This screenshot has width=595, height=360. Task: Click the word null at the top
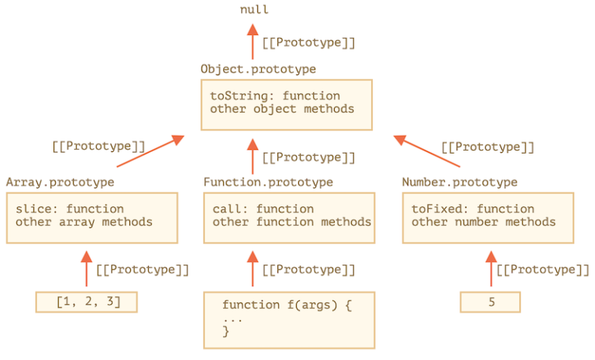[254, 9]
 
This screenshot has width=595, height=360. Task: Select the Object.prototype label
[258, 69]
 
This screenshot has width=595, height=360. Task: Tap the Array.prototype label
[60, 182]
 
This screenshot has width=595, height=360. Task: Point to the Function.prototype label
[268, 182]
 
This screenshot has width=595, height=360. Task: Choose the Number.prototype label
[459, 182]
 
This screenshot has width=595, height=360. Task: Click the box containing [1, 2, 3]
[87, 302]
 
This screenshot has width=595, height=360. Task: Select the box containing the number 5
[490, 302]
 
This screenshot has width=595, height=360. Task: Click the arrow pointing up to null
[253, 42]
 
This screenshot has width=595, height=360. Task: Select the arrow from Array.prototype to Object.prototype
[150, 151]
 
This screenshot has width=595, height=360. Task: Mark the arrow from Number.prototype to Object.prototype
[427, 151]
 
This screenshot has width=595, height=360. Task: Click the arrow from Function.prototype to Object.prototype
[253, 157]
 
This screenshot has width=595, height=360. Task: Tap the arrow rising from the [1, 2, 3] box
[87, 268]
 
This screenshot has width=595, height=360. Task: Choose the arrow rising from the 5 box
[491, 268]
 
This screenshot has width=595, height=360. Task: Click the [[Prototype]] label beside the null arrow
[309, 43]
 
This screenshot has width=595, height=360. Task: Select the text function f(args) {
[287, 305]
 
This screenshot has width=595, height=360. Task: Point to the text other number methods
[483, 222]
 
